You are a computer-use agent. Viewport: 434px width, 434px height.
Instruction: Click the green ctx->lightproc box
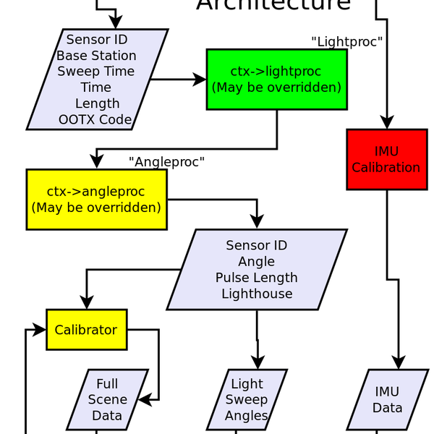click(276, 80)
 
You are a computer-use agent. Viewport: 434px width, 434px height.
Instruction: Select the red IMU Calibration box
click(386, 159)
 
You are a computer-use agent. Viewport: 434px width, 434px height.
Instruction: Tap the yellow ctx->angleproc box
click(96, 199)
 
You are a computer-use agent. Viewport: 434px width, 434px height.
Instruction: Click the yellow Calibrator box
click(86, 330)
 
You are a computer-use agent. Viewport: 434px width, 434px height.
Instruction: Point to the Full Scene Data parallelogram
click(107, 399)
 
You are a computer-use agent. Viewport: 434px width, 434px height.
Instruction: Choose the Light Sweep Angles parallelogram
click(247, 399)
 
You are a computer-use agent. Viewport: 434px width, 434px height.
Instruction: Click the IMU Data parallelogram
click(387, 399)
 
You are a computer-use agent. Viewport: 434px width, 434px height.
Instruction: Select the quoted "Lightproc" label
click(346, 41)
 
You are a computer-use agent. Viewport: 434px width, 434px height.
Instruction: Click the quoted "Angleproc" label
click(166, 162)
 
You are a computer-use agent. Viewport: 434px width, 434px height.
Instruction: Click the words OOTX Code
click(95, 119)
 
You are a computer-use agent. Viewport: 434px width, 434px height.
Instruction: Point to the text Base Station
click(96, 56)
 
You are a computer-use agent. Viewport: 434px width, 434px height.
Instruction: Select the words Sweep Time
click(96, 72)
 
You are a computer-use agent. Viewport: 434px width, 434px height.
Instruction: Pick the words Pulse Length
click(256, 278)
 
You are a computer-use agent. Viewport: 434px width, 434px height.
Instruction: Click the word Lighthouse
click(257, 294)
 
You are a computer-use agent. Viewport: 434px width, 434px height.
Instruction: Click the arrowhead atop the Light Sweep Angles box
click(257, 362)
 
